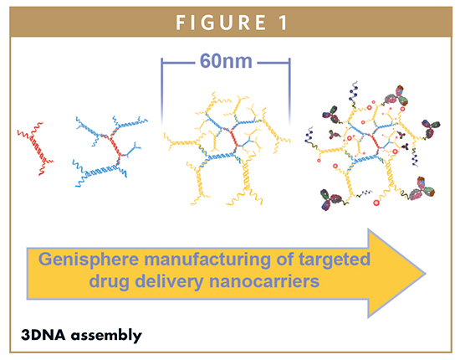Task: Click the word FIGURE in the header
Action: [221, 23]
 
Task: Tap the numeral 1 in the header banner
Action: [283, 23]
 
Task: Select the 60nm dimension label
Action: [226, 61]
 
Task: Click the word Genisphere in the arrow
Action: [89, 260]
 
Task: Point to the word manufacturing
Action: [207, 260]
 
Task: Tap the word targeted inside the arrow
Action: [335, 260]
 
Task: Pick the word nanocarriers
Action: [264, 282]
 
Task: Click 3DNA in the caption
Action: [43, 335]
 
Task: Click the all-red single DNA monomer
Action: [35, 148]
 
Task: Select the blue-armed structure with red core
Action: [110, 151]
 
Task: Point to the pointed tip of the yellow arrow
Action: [426, 274]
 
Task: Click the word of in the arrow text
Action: [285, 260]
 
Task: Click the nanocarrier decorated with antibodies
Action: [372, 145]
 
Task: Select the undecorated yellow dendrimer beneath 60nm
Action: [227, 148]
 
